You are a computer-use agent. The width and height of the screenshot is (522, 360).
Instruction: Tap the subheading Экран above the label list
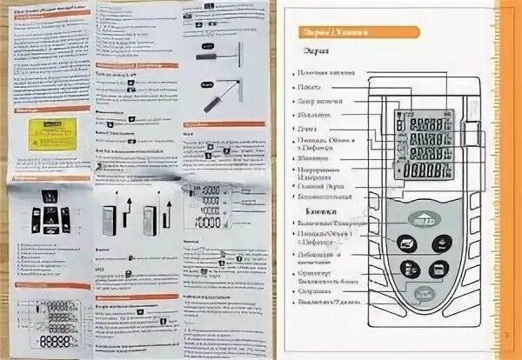point(315,54)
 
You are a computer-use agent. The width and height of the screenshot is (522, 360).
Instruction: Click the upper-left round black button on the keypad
point(405,244)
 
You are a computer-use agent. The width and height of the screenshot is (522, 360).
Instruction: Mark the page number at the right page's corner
point(507,335)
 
